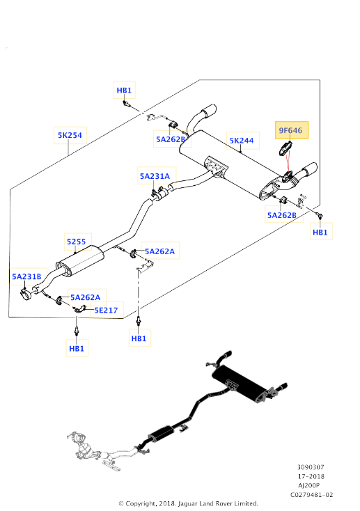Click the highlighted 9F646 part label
coord(291,130)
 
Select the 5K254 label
coord(70,135)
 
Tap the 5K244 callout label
coord(242,141)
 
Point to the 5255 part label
coord(77,242)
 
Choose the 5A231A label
coord(155,176)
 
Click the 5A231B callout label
coord(26,276)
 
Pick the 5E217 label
coord(107,310)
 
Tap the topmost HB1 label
coord(124,91)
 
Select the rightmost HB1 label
coord(320,232)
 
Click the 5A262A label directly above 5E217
coord(86,297)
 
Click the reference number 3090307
coord(311,467)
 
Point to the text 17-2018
coord(311,476)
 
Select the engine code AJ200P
coord(308,485)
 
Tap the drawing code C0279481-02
coord(312,495)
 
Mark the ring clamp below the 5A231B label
coord(25,294)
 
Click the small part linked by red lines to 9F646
coord(284,148)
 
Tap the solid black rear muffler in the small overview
coord(237,384)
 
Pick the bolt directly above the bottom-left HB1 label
coord(77,331)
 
